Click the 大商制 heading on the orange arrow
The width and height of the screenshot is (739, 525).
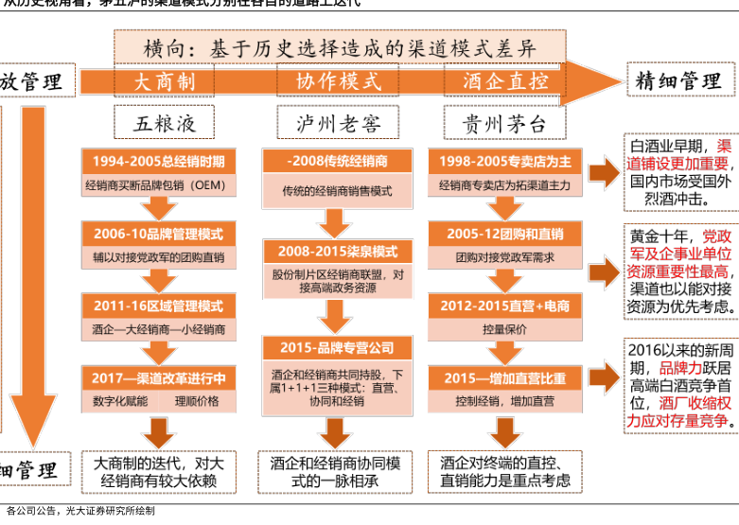pyautogui.click(x=164, y=82)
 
